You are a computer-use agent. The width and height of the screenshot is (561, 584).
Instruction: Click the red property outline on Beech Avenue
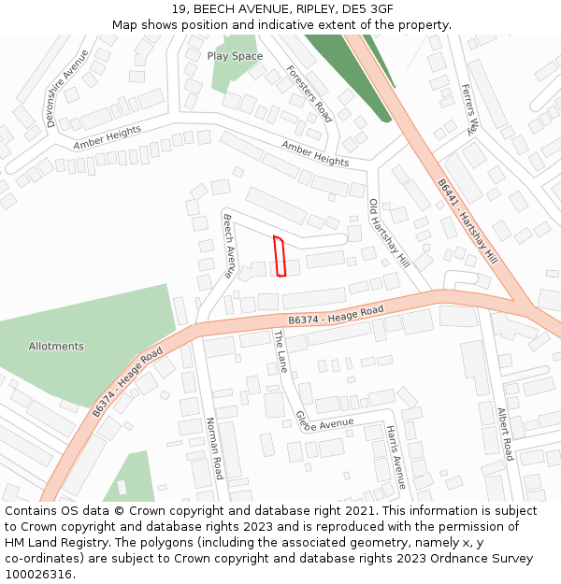(x=279, y=256)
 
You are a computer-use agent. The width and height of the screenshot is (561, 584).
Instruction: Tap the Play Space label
(x=235, y=56)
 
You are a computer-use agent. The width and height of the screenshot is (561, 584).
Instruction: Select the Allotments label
(x=56, y=346)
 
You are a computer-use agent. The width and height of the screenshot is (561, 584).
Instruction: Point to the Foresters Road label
(x=309, y=93)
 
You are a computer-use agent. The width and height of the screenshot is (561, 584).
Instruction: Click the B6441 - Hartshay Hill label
(x=467, y=222)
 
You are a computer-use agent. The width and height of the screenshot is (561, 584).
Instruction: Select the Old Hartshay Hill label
(x=389, y=234)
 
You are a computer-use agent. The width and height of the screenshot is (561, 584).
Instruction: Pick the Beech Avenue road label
(x=228, y=246)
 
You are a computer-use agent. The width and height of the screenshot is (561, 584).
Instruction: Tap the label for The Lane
(x=280, y=351)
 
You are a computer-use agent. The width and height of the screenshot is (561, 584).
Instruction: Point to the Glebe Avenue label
(x=324, y=424)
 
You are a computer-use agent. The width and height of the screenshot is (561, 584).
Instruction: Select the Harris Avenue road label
(x=396, y=457)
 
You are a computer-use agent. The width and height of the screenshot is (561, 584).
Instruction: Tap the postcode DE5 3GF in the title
(x=367, y=9)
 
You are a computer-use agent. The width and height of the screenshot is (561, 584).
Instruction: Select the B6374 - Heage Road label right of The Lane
(x=336, y=315)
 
